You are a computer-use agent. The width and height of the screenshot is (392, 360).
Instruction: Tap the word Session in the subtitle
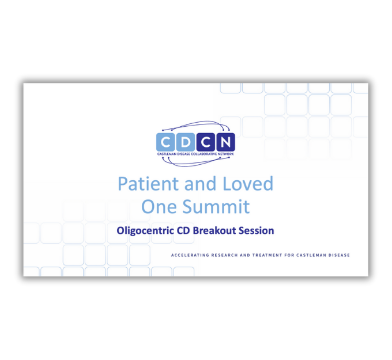(x=257, y=231)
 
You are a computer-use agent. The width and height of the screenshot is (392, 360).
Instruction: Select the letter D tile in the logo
(x=186, y=142)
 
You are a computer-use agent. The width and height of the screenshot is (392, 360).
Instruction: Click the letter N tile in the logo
(x=225, y=142)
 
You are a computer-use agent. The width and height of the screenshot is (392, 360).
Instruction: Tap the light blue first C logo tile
(x=165, y=142)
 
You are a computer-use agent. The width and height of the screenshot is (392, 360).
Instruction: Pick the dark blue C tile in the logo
(x=206, y=142)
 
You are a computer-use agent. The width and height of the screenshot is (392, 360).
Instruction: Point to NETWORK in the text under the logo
(x=227, y=154)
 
